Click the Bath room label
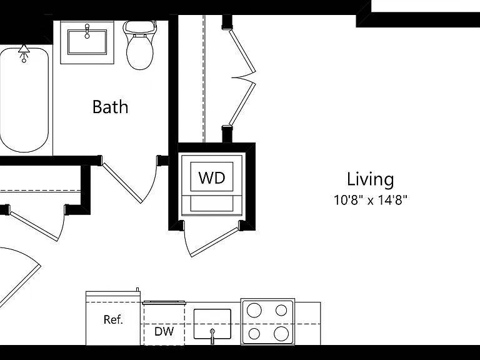click(x=110, y=107)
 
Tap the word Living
click(x=371, y=179)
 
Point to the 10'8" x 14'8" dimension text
click(x=371, y=200)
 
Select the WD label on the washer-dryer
click(x=212, y=177)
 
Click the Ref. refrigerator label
click(x=113, y=319)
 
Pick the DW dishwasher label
click(x=164, y=331)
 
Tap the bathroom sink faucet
click(x=87, y=31)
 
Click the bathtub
click(x=24, y=100)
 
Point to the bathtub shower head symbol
click(x=24, y=52)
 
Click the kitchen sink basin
click(x=212, y=324)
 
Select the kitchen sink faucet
click(x=212, y=336)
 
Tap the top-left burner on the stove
click(x=254, y=311)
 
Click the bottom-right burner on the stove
click(x=281, y=334)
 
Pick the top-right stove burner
click(x=281, y=311)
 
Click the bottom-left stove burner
click(x=254, y=334)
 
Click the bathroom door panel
click(x=122, y=182)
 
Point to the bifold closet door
click(x=242, y=77)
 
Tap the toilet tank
click(x=139, y=27)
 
